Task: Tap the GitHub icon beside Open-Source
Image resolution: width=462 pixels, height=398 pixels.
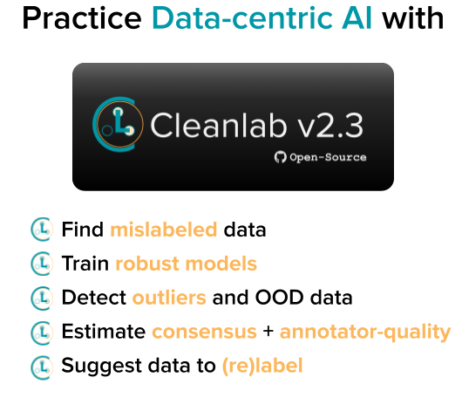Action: click(281, 157)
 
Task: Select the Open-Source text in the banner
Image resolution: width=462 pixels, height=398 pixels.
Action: click(328, 157)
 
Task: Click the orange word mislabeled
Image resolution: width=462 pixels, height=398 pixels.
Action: click(163, 230)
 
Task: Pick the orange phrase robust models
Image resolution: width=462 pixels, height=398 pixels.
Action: click(186, 264)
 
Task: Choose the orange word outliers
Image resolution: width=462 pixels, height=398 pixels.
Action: click(169, 298)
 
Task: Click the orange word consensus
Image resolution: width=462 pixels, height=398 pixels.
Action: click(204, 332)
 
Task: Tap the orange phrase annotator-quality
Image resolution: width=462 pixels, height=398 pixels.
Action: click(365, 332)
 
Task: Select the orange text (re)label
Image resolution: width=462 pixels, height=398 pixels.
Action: click(262, 366)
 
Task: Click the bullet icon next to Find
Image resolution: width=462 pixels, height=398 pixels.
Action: click(41, 230)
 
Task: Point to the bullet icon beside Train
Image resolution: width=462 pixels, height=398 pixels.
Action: click(41, 264)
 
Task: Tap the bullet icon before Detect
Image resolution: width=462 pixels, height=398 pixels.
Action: click(41, 298)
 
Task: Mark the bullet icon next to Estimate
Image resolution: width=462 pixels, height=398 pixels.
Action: click(41, 332)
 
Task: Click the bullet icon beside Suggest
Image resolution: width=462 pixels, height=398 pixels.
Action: click(41, 366)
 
